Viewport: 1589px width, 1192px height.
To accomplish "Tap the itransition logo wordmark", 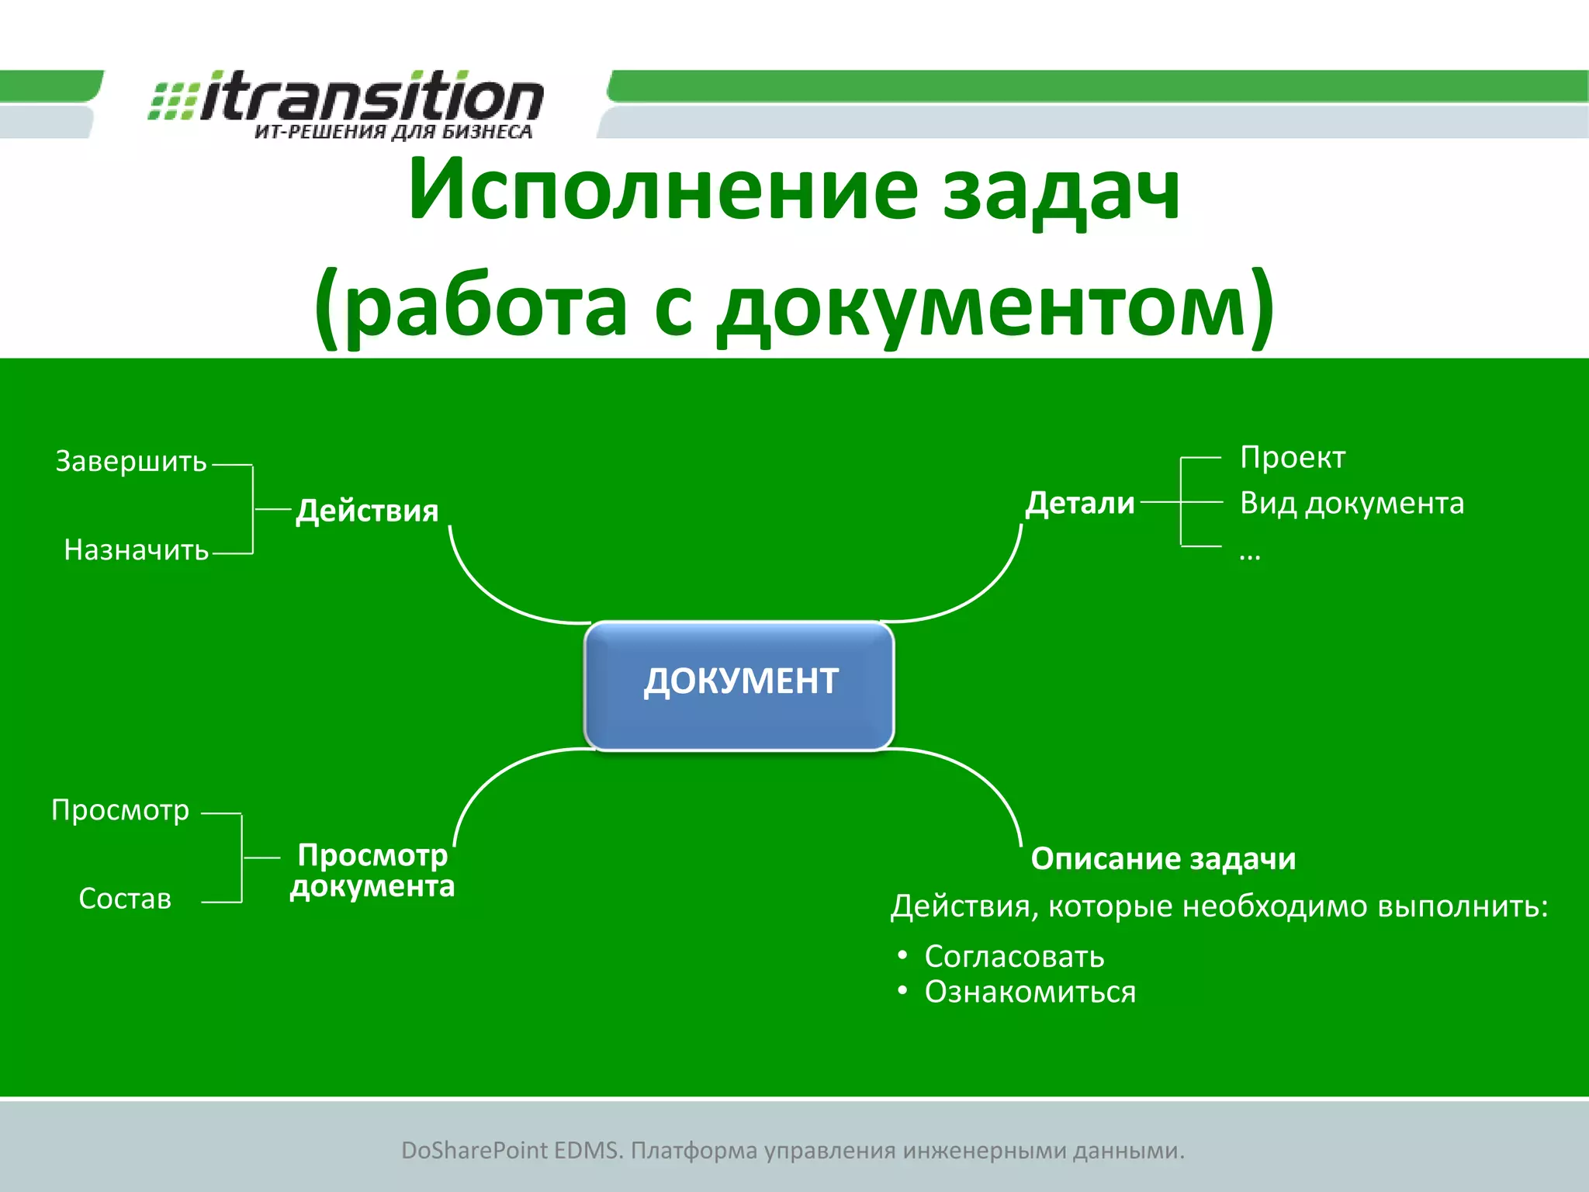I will (x=371, y=97).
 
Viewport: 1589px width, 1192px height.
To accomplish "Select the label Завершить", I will (x=131, y=461).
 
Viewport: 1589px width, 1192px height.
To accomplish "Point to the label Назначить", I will (x=137, y=550).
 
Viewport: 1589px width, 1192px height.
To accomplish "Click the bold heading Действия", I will (x=367, y=511).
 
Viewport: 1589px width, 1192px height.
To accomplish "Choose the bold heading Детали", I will (x=1080, y=503).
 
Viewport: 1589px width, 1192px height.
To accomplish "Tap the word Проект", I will (x=1292, y=457).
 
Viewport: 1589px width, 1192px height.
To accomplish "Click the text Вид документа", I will (x=1352, y=503).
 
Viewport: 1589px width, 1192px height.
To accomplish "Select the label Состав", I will (x=125, y=899).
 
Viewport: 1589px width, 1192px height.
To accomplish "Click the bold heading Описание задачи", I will (x=1163, y=858).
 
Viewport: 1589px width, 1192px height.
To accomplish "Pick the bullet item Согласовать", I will (x=1013, y=956).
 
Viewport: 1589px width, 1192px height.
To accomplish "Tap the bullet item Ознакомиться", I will (x=1030, y=992).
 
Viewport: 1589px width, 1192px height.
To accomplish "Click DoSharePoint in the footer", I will (x=474, y=1150).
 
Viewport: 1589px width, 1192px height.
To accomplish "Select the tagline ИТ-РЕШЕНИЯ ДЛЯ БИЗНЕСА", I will (x=393, y=132).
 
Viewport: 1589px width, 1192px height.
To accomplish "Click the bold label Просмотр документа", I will (x=372, y=871).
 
